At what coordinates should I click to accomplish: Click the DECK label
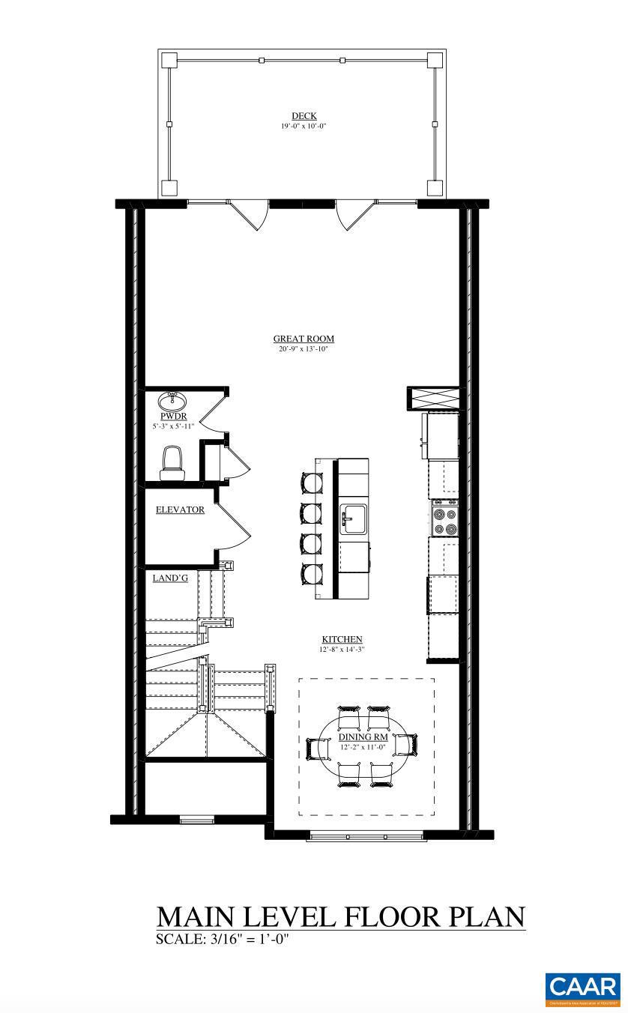(304, 116)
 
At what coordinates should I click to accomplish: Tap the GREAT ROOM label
(304, 339)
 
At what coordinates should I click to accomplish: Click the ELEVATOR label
(180, 510)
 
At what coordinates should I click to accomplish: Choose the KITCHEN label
(342, 639)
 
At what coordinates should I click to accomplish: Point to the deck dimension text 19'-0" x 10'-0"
(304, 127)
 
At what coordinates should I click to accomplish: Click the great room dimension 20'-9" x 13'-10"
(304, 349)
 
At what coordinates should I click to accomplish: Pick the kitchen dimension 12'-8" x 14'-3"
(342, 650)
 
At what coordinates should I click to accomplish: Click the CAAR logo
(582, 988)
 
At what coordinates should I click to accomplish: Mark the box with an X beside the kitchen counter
(432, 399)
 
